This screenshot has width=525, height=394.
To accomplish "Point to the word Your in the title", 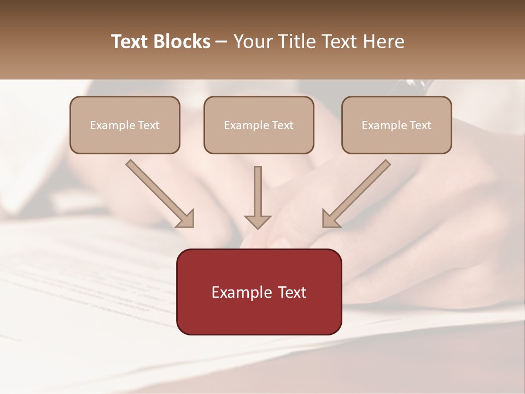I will click(253, 42).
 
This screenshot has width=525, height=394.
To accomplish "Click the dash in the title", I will click(222, 42).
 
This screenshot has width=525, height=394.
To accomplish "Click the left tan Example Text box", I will click(125, 125).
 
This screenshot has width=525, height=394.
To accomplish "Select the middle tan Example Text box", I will click(259, 125).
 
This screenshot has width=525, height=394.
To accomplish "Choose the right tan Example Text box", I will click(396, 125).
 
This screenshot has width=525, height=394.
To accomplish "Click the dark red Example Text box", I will click(259, 292).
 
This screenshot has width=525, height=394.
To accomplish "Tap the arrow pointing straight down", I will click(258, 197).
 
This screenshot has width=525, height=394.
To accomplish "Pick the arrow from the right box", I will click(356, 194).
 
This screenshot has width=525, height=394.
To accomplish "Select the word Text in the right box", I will click(420, 125).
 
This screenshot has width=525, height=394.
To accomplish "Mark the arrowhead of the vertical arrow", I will click(258, 221).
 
